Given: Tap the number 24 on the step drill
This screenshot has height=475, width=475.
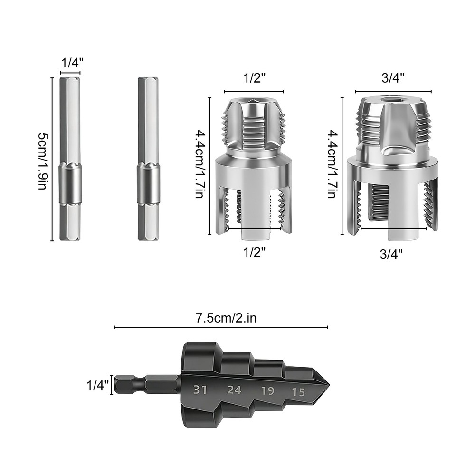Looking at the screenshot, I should click(234, 390).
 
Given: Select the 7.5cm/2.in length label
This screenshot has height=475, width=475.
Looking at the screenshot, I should click(226, 318).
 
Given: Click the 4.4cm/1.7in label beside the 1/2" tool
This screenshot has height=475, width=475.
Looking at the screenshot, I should click(200, 166).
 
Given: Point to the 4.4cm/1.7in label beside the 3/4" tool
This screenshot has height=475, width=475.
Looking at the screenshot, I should click(332, 165).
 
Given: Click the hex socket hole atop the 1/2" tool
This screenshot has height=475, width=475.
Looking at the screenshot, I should click(253, 101).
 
